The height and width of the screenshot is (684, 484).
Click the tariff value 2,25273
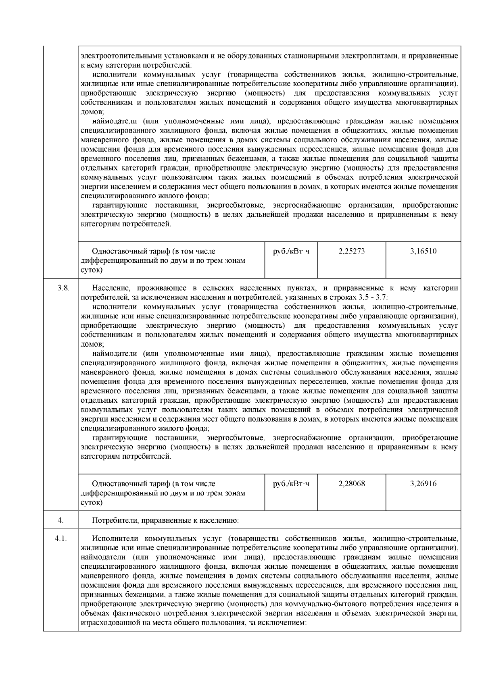[352, 251]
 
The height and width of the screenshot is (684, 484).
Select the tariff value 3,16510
[423, 251]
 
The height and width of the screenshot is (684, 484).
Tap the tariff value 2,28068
[352, 483]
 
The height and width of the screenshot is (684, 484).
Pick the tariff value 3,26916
[423, 483]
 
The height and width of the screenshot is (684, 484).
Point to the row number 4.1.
[61, 538]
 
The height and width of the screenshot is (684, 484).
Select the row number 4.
[60, 520]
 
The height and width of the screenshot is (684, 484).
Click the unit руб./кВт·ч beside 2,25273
[291, 251]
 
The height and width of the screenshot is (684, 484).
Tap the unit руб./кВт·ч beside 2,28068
[291, 483]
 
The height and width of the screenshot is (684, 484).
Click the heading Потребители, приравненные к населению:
[165, 520]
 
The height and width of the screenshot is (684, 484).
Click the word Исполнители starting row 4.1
[115, 538]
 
